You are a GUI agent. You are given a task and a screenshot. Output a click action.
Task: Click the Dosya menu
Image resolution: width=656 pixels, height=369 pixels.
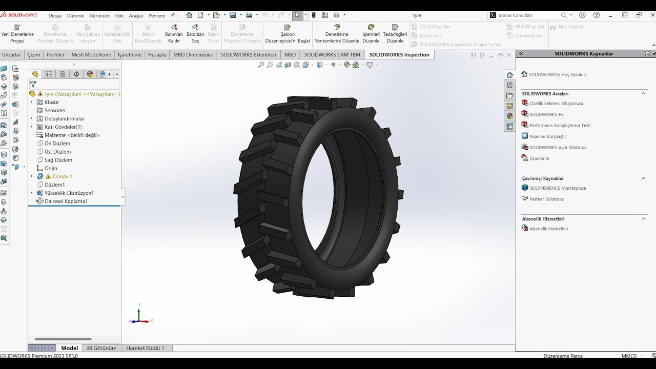55,15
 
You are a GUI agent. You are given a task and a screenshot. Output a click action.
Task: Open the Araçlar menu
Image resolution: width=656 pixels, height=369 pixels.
136,15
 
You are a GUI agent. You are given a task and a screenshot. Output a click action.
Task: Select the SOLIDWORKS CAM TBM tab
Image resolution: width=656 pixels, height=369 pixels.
332,55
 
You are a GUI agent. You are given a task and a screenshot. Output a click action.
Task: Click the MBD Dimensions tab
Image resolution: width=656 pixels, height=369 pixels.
193,55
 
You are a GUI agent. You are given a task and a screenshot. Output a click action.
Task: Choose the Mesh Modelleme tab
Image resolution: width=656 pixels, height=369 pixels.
91,55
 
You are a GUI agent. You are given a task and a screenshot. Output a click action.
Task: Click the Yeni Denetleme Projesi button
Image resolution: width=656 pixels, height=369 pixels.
17,34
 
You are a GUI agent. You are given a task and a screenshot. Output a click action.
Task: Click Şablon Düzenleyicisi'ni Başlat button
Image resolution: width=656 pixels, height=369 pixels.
288,34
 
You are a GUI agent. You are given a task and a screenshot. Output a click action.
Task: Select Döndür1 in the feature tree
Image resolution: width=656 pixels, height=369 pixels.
63,176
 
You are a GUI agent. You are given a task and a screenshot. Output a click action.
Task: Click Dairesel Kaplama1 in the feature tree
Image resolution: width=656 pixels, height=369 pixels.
66,201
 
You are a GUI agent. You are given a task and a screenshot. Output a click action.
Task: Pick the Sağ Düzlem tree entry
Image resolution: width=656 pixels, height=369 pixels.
58,160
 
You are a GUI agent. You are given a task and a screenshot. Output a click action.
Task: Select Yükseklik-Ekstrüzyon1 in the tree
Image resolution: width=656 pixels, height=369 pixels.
69,193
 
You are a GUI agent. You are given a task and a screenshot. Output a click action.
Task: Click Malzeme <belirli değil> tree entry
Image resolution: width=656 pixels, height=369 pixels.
72,135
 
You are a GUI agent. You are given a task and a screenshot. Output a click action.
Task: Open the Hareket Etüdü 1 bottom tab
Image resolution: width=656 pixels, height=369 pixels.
145,348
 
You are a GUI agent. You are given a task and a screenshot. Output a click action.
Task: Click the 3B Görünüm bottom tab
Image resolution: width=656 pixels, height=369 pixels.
101,348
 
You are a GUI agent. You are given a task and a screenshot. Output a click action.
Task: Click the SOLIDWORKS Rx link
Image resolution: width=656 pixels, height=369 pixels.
546,114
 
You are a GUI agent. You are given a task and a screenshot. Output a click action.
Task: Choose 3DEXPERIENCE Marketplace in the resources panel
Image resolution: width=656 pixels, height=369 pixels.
558,188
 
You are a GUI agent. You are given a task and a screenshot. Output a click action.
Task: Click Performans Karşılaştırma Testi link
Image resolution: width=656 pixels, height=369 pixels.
560,126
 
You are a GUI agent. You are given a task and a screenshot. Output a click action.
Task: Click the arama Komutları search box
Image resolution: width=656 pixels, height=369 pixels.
528,15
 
